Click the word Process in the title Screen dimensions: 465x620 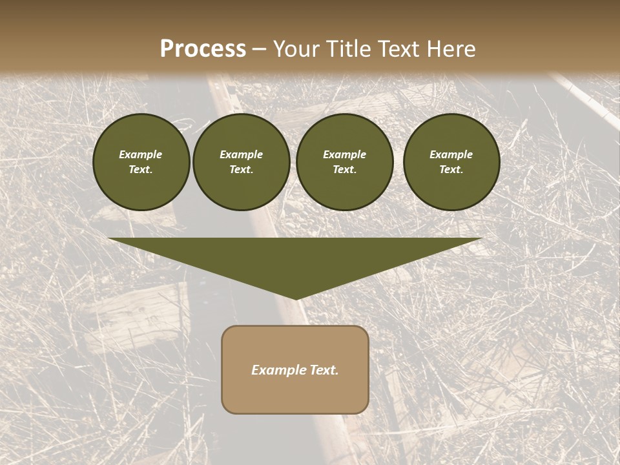203,49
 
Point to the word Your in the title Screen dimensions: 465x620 296,49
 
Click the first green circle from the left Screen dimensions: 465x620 141,162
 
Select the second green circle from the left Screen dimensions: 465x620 242,162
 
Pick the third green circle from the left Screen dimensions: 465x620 344,162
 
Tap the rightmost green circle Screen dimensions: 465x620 451,162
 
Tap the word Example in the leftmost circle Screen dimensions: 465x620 141,154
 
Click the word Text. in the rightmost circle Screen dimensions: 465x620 451,170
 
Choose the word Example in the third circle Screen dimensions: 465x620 344,154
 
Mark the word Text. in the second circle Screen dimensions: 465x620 242,170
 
